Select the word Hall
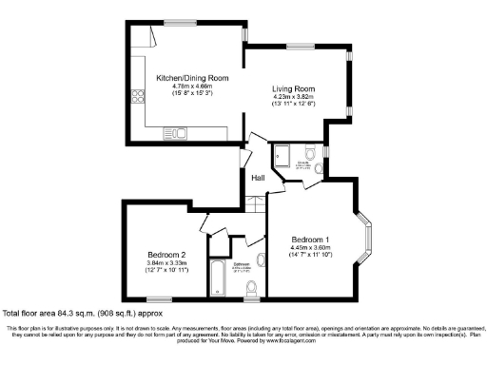pos(257,178)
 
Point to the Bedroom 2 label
pos(166,255)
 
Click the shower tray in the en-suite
pos(282,157)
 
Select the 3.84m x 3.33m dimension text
pos(166,263)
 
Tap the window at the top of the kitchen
pos(177,21)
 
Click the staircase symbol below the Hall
pos(255,206)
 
